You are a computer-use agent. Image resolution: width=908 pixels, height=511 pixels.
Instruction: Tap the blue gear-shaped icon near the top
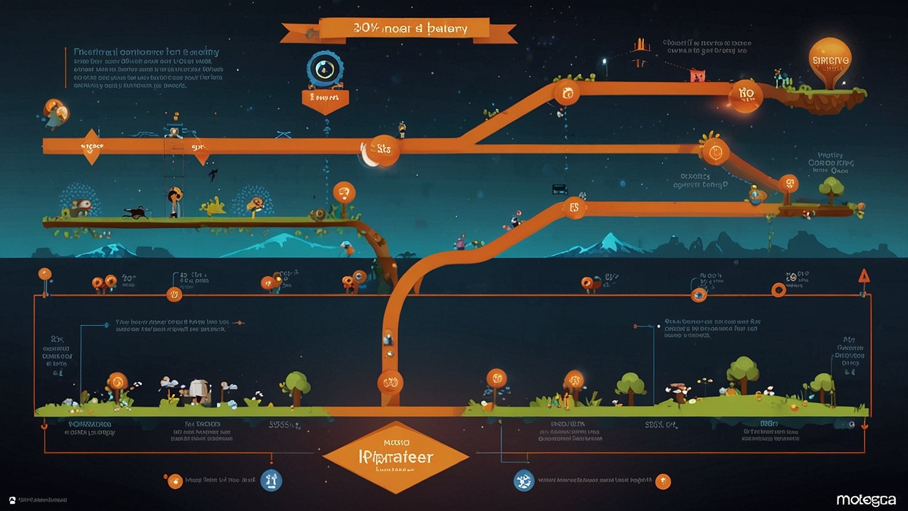coord(325,69)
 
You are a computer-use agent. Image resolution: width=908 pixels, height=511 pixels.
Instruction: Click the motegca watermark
coord(866,500)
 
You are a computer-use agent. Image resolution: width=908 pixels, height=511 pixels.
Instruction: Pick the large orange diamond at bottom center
coord(396,456)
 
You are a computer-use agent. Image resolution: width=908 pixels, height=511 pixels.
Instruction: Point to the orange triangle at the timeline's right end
coord(864,277)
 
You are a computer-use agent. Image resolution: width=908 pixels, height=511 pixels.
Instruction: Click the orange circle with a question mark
coord(343,193)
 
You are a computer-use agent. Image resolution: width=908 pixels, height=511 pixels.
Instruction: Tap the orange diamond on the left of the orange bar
coord(91,147)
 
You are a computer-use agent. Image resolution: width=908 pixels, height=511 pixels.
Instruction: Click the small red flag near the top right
coord(697,75)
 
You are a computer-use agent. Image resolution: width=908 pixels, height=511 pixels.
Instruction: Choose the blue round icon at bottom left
coord(271,480)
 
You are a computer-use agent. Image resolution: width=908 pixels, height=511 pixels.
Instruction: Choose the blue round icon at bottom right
coord(523,480)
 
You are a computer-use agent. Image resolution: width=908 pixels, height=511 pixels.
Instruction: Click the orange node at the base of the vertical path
coord(390,383)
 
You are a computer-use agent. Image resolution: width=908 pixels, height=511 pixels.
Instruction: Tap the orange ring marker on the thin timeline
coord(778,290)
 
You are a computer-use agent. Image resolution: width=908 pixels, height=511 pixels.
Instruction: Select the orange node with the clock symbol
coord(715,152)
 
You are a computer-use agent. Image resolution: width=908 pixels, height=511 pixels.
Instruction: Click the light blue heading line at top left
coord(146,52)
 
